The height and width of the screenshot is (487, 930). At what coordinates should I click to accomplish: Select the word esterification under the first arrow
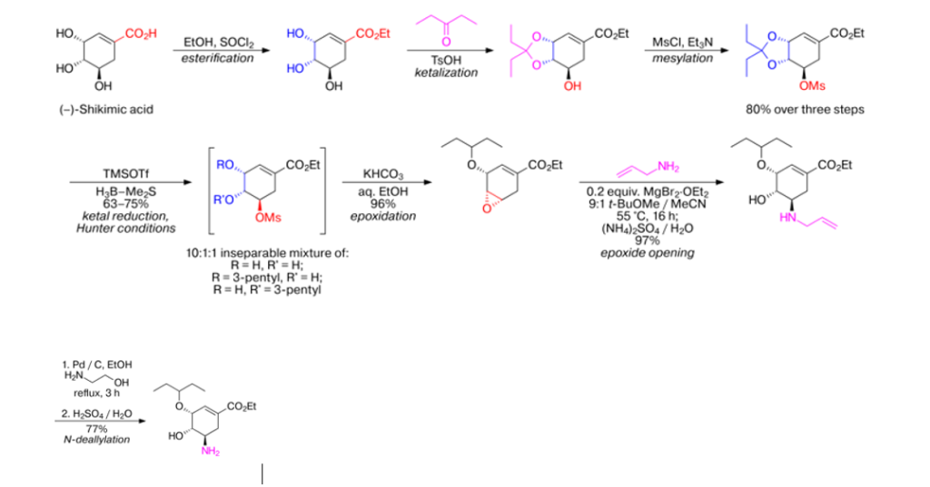(x=216, y=58)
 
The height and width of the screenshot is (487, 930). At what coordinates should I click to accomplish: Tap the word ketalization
(x=447, y=72)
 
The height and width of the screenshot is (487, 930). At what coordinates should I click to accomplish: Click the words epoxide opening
(x=647, y=252)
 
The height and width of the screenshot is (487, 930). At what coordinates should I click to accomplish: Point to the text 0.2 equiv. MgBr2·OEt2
(x=647, y=191)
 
